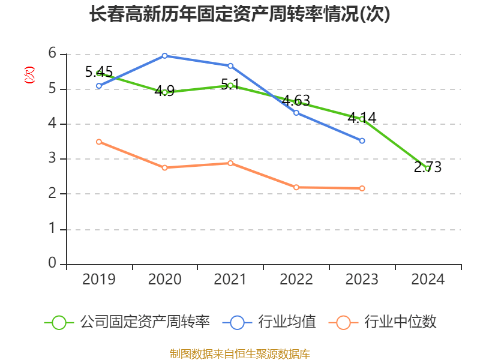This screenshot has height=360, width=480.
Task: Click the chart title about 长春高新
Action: tap(239, 14)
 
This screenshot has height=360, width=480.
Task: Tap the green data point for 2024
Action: tap(428, 168)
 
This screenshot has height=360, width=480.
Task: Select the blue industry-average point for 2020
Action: tap(164, 56)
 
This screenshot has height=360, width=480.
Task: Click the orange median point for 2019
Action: tap(99, 142)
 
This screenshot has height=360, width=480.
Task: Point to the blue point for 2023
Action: tap(362, 140)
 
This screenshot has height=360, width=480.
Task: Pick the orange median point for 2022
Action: tap(296, 187)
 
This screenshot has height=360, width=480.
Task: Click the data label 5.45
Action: tap(99, 72)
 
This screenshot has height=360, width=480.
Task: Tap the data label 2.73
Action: tap(428, 167)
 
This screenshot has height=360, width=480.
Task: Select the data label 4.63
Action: tap(296, 100)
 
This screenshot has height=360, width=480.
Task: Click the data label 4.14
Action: tap(362, 118)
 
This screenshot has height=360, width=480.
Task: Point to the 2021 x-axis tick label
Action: tap(230, 279)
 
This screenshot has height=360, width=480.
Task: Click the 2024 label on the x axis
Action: tap(428, 279)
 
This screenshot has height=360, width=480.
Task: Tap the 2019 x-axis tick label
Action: tap(99, 279)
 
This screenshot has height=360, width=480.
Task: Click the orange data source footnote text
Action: tap(239, 353)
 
